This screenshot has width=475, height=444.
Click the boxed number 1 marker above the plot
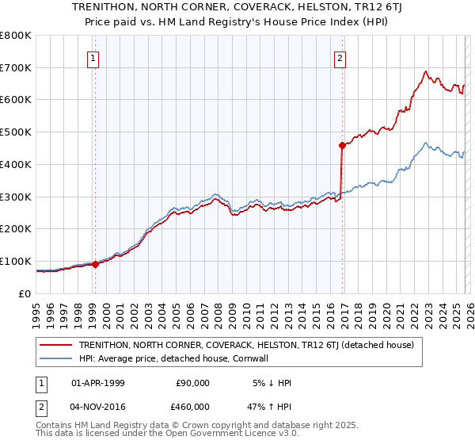93,58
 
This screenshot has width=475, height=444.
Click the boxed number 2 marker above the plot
339,58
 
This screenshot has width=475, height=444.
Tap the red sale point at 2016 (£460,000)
342,145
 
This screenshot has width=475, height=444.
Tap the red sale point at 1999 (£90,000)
95,264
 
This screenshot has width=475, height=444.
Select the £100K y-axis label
16,261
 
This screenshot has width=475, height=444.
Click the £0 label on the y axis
25,293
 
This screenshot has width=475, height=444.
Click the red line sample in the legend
57,345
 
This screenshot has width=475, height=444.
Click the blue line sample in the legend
57,358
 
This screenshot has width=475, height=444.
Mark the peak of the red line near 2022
425,71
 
